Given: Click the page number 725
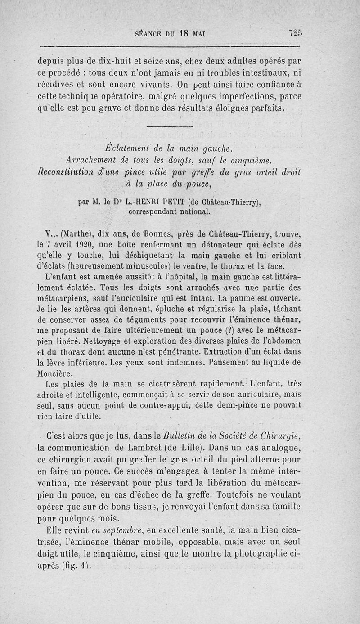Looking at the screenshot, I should [x=296, y=33].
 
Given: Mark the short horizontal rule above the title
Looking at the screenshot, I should [x=170, y=126].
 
